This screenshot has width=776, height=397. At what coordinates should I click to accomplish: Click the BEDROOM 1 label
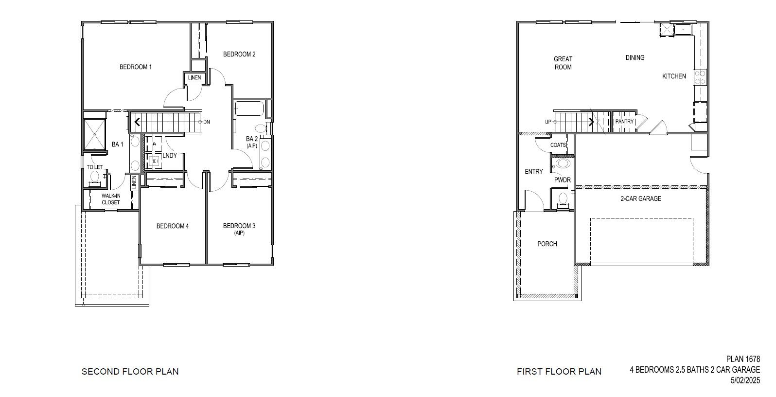point(136,67)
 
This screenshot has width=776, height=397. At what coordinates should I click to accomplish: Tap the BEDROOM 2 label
point(239,54)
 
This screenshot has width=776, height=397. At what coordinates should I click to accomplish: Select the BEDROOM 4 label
point(172,226)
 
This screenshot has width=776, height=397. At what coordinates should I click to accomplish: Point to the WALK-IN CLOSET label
point(111,199)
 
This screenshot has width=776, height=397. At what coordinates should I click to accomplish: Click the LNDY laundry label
point(170,156)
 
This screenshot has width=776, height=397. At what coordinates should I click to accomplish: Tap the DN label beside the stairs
point(207,122)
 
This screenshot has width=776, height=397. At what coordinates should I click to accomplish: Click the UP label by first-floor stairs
point(548,122)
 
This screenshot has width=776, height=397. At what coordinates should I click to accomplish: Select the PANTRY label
point(624,122)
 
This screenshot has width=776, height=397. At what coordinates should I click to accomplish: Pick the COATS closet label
point(558,145)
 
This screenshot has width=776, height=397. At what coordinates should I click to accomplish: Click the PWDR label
point(563,180)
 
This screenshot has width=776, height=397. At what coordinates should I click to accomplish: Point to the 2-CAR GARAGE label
point(640,198)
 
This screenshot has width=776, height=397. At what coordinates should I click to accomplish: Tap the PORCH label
point(547,244)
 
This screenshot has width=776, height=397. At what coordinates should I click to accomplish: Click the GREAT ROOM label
point(563,63)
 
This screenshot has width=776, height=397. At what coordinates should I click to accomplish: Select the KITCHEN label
point(674,76)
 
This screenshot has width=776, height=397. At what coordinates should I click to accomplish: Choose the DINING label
point(635,57)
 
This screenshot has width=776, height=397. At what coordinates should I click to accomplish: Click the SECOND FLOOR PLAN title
point(130,372)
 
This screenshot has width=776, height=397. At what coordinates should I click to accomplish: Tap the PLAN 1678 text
point(743,359)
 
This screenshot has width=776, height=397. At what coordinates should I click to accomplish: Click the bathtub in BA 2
point(249,109)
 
